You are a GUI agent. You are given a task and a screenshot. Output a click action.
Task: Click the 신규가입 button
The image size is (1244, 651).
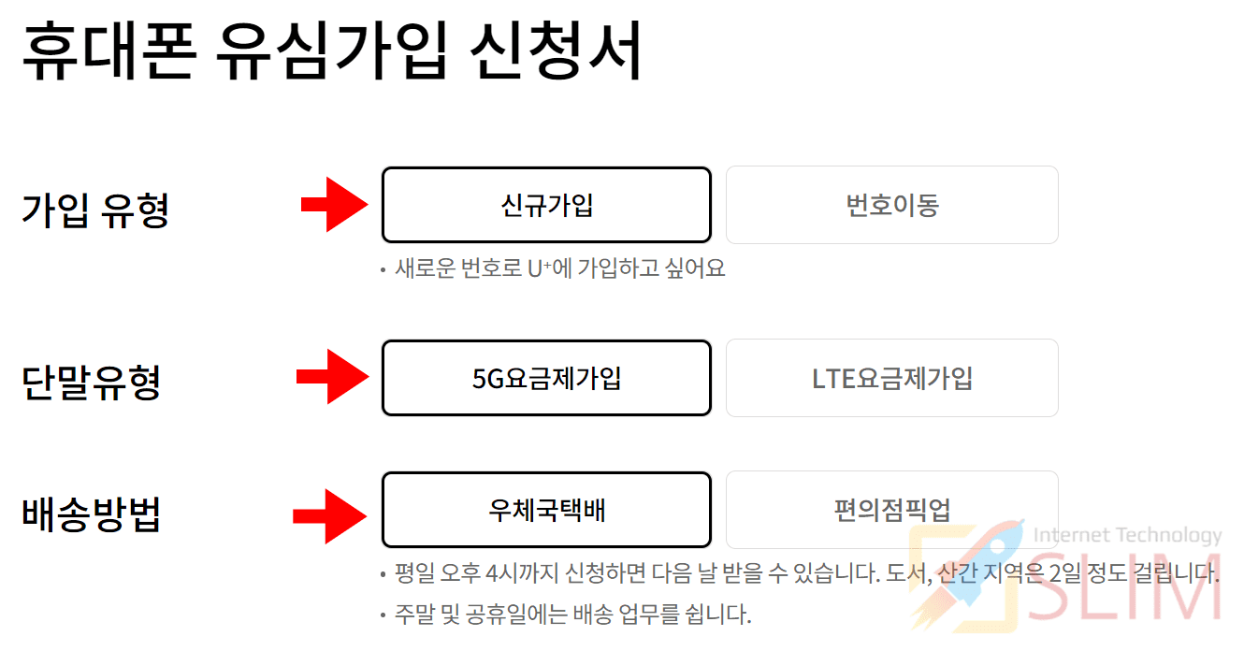pyautogui.click(x=546, y=205)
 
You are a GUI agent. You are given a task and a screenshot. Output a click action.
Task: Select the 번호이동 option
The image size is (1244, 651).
pyautogui.click(x=891, y=205)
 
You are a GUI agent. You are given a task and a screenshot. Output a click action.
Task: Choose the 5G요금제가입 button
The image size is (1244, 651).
pyautogui.click(x=546, y=378)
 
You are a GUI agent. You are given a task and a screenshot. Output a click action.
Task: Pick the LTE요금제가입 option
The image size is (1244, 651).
pyautogui.click(x=891, y=378)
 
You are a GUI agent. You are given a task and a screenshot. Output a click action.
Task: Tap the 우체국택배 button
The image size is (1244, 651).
pyautogui.click(x=546, y=510)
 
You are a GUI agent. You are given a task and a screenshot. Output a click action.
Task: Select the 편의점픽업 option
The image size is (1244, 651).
pyautogui.click(x=891, y=510)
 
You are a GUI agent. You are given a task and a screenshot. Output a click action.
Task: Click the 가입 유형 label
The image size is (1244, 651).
pyautogui.click(x=94, y=209)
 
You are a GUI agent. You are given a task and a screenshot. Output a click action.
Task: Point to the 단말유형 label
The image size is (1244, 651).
pyautogui.click(x=91, y=382)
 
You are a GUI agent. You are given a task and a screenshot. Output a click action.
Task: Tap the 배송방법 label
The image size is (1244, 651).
pyautogui.click(x=91, y=514)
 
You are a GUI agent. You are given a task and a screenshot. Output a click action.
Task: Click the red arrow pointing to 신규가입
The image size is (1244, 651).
pyautogui.click(x=334, y=204)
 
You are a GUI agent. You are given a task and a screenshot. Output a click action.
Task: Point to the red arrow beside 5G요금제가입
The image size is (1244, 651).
pyautogui.click(x=332, y=377)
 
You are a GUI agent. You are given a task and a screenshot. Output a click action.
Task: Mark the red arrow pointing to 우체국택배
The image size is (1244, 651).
pyautogui.click(x=329, y=515)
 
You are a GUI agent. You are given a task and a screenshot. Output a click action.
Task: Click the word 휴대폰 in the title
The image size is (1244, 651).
pyautogui.click(x=108, y=53)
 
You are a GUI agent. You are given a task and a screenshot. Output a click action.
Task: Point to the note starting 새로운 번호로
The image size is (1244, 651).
pyautogui.click(x=558, y=269)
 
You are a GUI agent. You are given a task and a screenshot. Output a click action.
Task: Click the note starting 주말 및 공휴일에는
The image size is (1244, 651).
pyautogui.click(x=572, y=615)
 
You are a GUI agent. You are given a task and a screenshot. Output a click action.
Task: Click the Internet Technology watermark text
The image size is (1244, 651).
pyautogui.click(x=1127, y=536)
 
